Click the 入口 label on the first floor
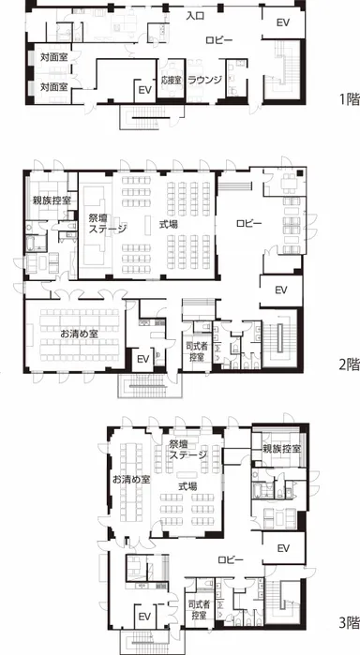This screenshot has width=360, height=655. coord(195,16)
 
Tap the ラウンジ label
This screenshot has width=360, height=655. coord(204,80)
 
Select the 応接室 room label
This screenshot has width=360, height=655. coord(171,81)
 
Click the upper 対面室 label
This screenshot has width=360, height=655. coord(54,56)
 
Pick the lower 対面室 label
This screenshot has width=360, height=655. coord(54,87)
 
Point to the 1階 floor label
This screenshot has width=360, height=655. coord(349,99)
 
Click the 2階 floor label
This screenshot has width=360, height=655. coord(349,365)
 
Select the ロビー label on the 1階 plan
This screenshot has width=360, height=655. coord(219,40)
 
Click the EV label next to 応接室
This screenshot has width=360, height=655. coord(144,90)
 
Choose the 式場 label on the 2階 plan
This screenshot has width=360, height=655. coord(169,224)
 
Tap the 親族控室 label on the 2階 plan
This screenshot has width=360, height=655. coord(52,201)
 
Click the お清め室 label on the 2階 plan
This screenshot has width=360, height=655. coord(79,334)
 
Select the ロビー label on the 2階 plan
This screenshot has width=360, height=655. coord(249,223)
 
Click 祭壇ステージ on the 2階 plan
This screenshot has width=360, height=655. coord(108,222)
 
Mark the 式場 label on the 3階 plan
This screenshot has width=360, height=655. coord(187,486)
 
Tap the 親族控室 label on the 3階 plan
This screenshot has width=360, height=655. coord(282,450)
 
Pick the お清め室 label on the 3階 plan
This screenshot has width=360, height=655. coord(131,480)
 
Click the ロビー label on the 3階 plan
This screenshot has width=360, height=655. coord(231,559)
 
